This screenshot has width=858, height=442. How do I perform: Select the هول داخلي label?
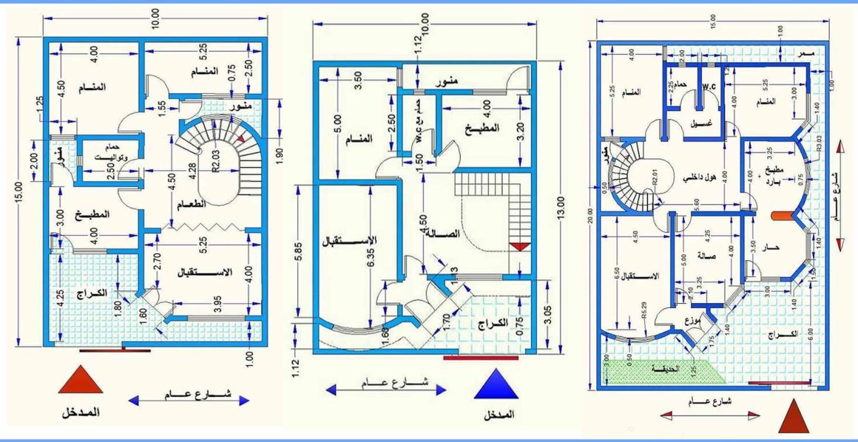tap(699, 177)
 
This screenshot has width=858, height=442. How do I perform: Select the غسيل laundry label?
tap(696, 124)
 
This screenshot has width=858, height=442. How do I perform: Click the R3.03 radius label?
tap(819, 143)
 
